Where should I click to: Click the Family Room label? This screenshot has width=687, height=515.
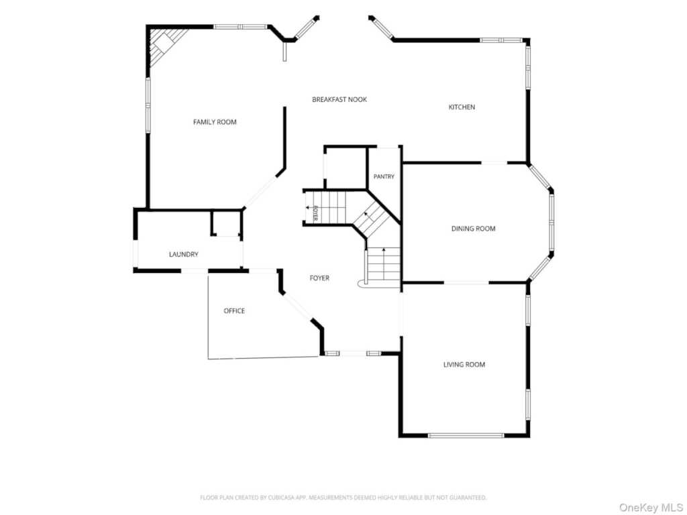click(215, 122)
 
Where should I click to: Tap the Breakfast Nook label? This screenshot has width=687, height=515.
click(339, 99)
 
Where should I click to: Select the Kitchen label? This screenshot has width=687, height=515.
click(462, 107)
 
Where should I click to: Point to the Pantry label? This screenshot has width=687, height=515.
click(384, 176)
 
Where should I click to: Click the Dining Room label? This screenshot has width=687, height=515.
click(474, 229)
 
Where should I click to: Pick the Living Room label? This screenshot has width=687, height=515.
click(464, 364)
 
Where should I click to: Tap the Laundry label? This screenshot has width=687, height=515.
click(184, 254)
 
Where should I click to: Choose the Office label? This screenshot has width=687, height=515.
click(234, 311)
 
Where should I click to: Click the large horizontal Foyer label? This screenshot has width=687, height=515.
click(319, 278)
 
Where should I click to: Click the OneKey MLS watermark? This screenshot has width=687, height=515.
click(651, 508)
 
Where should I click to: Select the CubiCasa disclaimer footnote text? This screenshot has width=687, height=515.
click(343, 498)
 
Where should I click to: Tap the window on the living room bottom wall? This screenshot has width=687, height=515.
click(466, 435)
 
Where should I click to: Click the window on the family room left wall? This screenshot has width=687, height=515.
click(148, 105)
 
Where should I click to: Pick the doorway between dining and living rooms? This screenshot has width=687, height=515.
click(466, 283)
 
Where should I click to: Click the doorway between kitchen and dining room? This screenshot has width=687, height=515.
click(494, 163)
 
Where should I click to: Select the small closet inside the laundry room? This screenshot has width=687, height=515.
click(226, 224)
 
